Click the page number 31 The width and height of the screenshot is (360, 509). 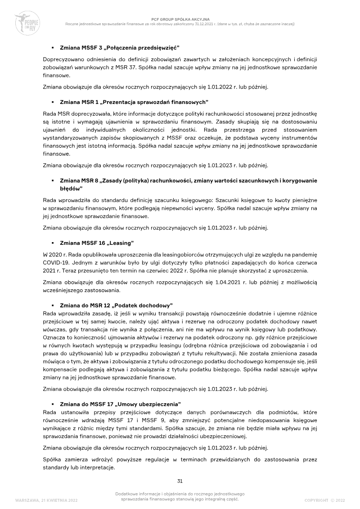point(180,481)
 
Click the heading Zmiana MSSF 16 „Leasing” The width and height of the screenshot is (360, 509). point(97,243)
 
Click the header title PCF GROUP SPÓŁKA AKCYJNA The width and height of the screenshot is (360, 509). point(180,19)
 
